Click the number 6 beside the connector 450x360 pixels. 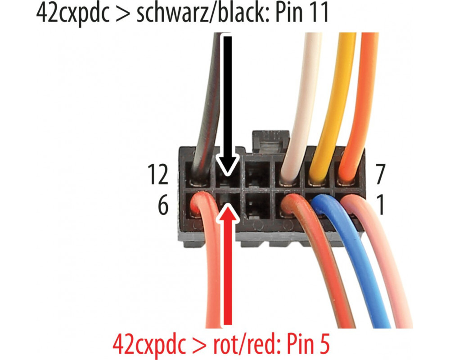coord(162,207)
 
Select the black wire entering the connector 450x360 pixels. coord(207,103)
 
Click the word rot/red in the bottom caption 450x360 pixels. coord(234,344)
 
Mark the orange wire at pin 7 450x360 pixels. coord(362,103)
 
